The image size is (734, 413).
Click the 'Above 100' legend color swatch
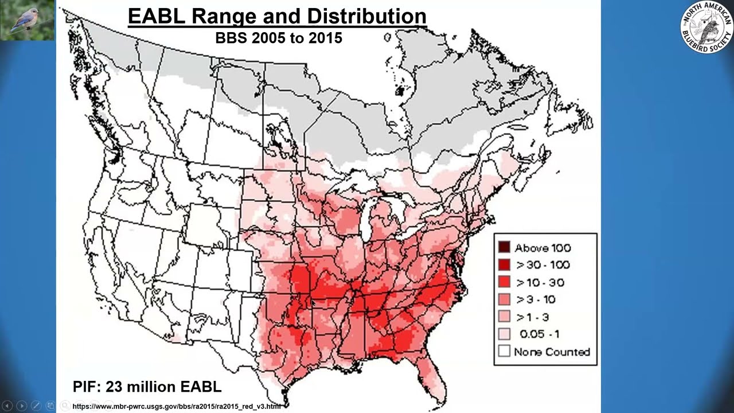(x=504, y=248)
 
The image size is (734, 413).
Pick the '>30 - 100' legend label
(x=543, y=265)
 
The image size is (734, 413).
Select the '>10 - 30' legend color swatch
(x=504, y=282)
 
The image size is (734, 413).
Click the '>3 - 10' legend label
(x=536, y=299)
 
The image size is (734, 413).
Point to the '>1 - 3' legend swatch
(x=504, y=317)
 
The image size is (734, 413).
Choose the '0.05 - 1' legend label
(x=539, y=334)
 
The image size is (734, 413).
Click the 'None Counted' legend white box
(x=504, y=351)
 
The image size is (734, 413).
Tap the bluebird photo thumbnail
(x=28, y=20)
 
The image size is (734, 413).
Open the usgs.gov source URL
(x=177, y=407)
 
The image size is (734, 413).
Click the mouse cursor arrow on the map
(x=313, y=302)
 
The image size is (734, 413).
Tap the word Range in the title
(x=224, y=15)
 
